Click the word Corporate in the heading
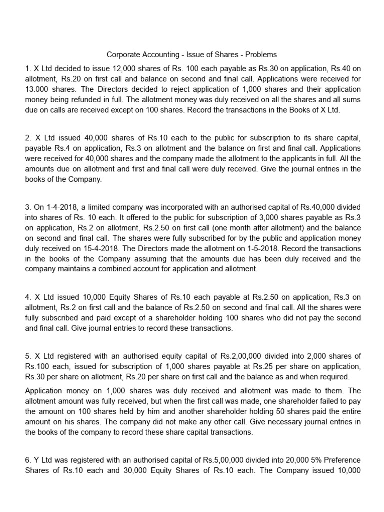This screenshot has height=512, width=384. point(123,54)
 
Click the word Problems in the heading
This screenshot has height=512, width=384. point(260,54)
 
